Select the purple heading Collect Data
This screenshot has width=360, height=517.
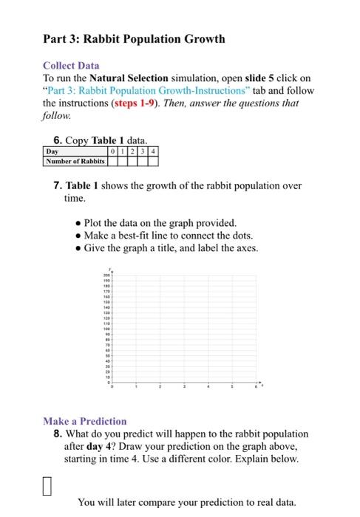click(x=71, y=66)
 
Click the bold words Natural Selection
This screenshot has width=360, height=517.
click(x=128, y=78)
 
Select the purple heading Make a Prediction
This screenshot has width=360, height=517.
click(x=85, y=421)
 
